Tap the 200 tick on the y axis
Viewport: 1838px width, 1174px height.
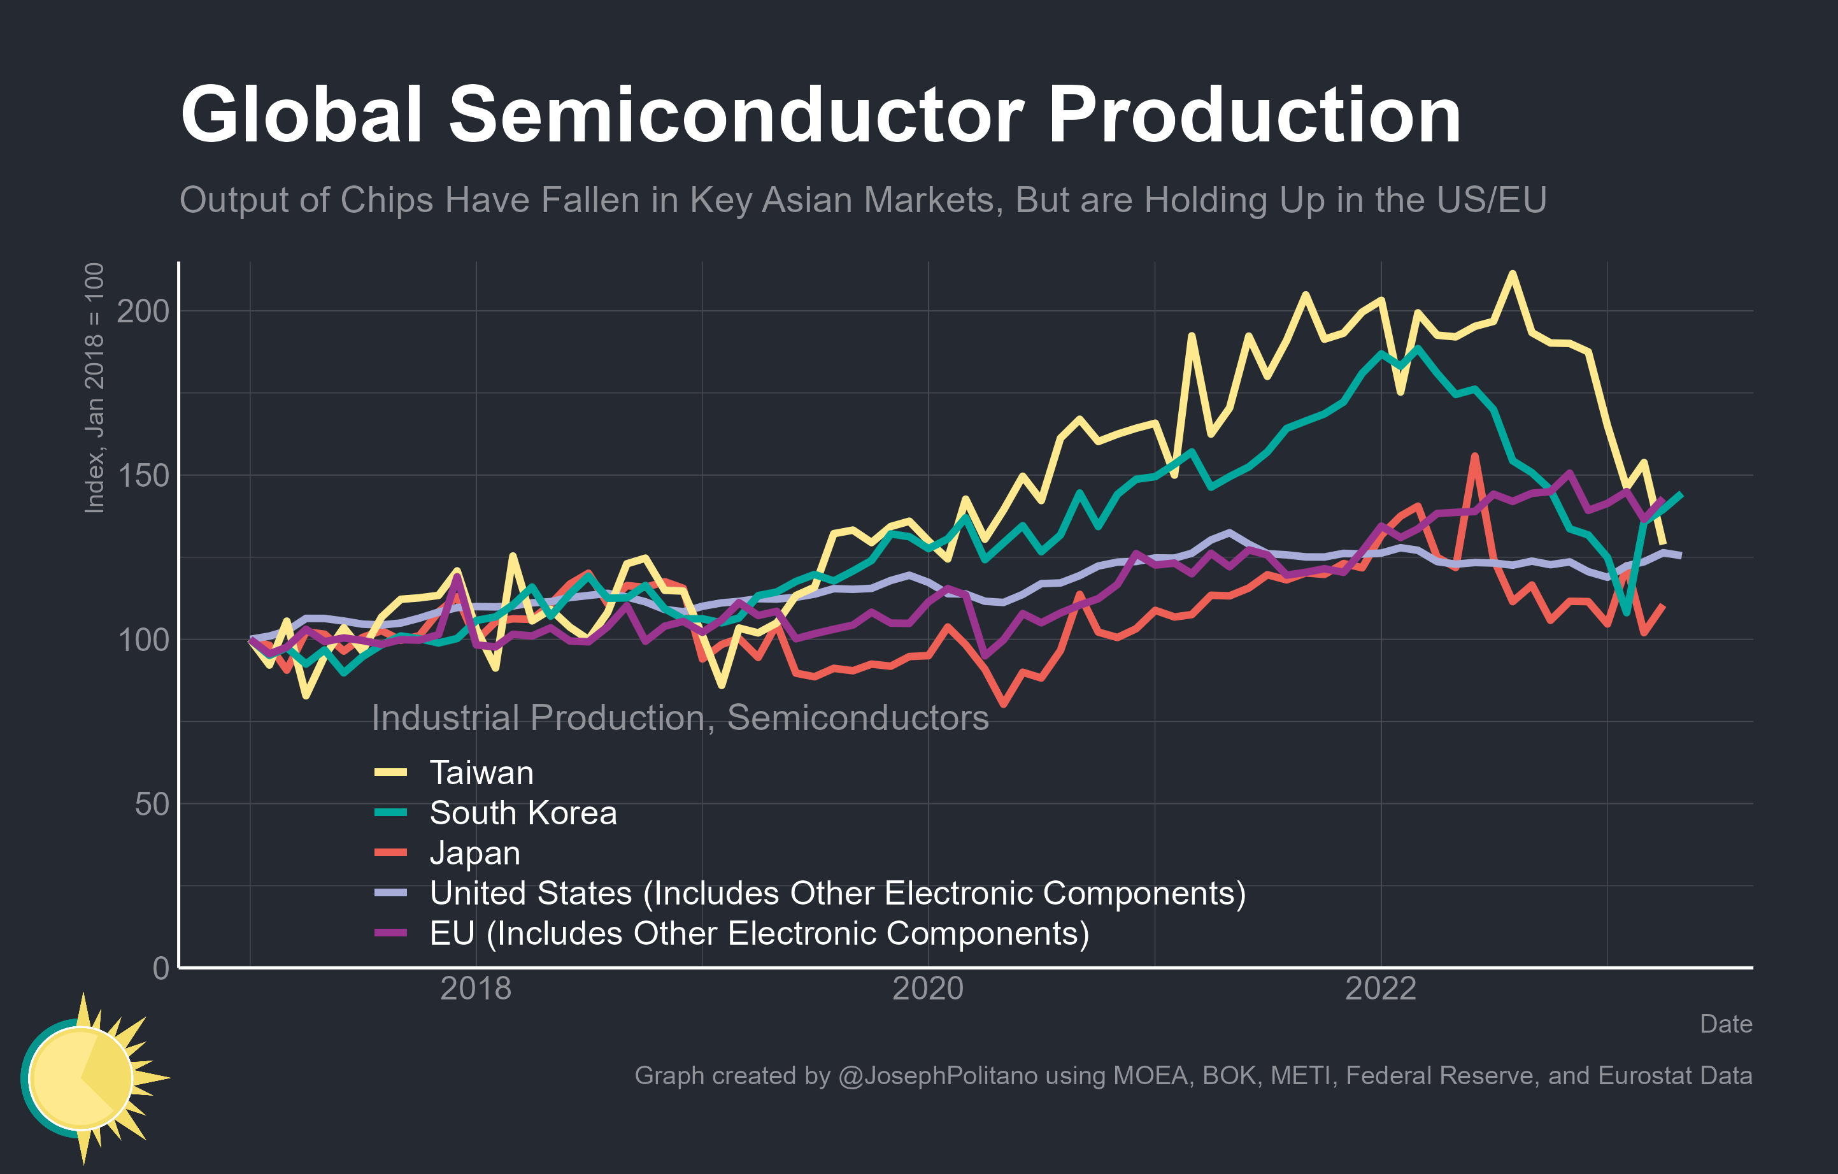pyautogui.click(x=143, y=311)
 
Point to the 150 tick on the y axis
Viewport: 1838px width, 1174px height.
pyautogui.click(x=143, y=476)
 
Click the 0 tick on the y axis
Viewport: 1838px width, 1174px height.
pyautogui.click(x=160, y=968)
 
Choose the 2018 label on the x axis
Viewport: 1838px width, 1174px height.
pyautogui.click(x=476, y=989)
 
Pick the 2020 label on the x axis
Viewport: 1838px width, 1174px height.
pyautogui.click(x=927, y=989)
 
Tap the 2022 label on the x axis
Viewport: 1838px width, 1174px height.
pyautogui.click(x=1380, y=989)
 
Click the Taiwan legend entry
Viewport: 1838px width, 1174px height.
pyautogui.click(x=481, y=773)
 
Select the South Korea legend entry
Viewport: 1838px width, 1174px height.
pyautogui.click(x=523, y=813)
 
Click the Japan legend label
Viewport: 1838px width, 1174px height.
pyautogui.click(x=474, y=853)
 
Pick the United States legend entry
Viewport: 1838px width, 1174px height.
pyautogui.click(x=837, y=893)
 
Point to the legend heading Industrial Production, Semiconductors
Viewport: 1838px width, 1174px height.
pyautogui.click(x=680, y=717)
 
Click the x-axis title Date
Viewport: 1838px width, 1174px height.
pyautogui.click(x=1725, y=1024)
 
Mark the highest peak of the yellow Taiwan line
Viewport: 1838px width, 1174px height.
pyautogui.click(x=1511, y=273)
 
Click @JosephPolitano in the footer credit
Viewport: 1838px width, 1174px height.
pyautogui.click(x=937, y=1075)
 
